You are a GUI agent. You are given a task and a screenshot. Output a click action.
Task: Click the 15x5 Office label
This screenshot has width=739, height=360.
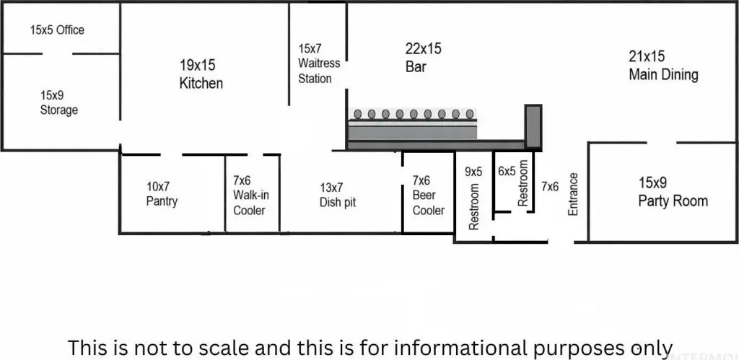pos(57,30)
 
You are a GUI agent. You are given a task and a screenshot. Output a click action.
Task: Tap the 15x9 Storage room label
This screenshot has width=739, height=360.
pos(59,102)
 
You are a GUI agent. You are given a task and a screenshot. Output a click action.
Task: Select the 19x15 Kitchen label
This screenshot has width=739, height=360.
pos(201,74)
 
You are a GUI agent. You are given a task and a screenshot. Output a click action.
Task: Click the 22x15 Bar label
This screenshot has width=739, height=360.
pos(423,58)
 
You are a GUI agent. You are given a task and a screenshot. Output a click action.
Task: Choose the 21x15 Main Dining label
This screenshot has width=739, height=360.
pos(664,66)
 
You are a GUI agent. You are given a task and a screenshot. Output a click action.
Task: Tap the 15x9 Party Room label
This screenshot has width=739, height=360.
pos(673,192)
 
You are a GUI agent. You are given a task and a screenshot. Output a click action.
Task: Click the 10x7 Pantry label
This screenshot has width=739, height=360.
pos(162,194)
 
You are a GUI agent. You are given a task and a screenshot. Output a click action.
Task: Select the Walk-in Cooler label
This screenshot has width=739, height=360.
pos(250,195)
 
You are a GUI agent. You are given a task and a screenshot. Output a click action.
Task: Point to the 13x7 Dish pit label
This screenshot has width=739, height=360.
pos(338,195)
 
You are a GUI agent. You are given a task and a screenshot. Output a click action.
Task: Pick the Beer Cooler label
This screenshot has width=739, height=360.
pos(429,195)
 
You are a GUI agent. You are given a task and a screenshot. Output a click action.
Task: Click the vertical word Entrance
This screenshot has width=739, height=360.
pos(573,194)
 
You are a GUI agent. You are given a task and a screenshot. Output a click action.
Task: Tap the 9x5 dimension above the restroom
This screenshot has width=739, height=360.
pos(473,172)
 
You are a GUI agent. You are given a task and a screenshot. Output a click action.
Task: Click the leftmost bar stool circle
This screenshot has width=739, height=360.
pos(358,113)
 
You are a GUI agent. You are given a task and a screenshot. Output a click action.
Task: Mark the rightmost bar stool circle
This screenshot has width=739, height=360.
pos(470,113)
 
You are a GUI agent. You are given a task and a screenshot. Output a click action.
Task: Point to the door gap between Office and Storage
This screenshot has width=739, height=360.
pos(57,53)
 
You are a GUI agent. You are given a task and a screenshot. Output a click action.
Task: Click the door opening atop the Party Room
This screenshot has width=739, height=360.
pos(662,142)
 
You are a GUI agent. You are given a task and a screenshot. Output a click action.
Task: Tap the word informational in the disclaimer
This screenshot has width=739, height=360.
pos(460,348)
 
